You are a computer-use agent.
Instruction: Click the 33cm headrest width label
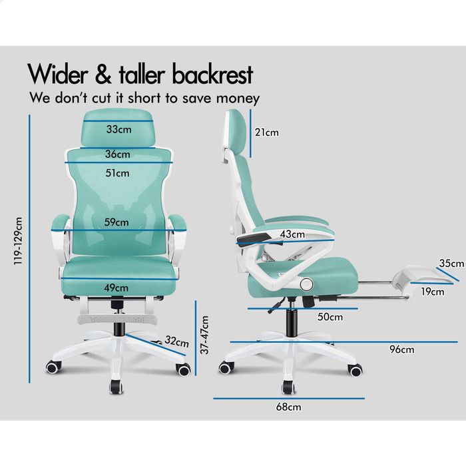click(119, 129)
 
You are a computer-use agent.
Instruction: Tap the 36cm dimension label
click(118, 154)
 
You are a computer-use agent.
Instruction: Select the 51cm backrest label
click(117, 173)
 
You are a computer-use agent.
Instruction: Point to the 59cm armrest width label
click(116, 222)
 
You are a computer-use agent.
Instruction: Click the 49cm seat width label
click(116, 288)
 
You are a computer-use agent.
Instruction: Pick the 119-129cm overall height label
click(18, 241)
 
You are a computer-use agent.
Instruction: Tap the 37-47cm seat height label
click(204, 335)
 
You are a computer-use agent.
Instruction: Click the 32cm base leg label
click(177, 342)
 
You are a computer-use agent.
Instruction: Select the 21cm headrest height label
click(266, 132)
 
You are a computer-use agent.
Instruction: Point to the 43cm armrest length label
click(292, 234)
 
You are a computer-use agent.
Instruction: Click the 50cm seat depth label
click(330, 317)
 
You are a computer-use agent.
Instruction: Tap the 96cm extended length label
click(402, 349)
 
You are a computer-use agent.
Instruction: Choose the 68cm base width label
click(288, 407)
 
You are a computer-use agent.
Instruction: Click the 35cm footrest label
click(451, 264)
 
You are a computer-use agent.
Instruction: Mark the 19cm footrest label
click(433, 292)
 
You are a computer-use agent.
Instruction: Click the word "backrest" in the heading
click(212, 74)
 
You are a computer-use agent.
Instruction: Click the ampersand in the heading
click(103, 75)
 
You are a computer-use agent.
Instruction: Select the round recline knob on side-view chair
click(306, 284)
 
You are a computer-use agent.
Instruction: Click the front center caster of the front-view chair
click(116, 387)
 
